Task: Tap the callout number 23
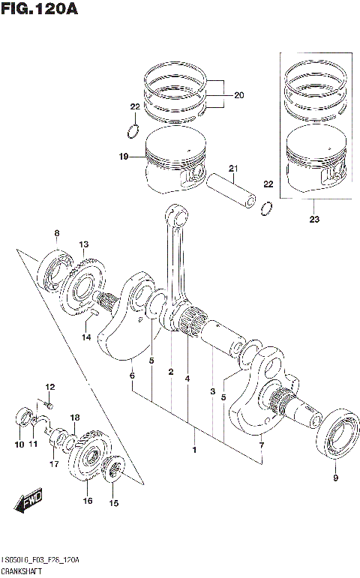pyautogui.click(x=314, y=220)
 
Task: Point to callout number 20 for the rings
pyautogui.click(x=239, y=95)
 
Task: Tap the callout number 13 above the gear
pyautogui.click(x=84, y=244)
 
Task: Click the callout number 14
pyautogui.click(x=86, y=337)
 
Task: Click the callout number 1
pyautogui.click(x=194, y=450)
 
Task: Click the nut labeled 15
pyautogui.click(x=114, y=472)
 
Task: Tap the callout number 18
pyautogui.click(x=75, y=418)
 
